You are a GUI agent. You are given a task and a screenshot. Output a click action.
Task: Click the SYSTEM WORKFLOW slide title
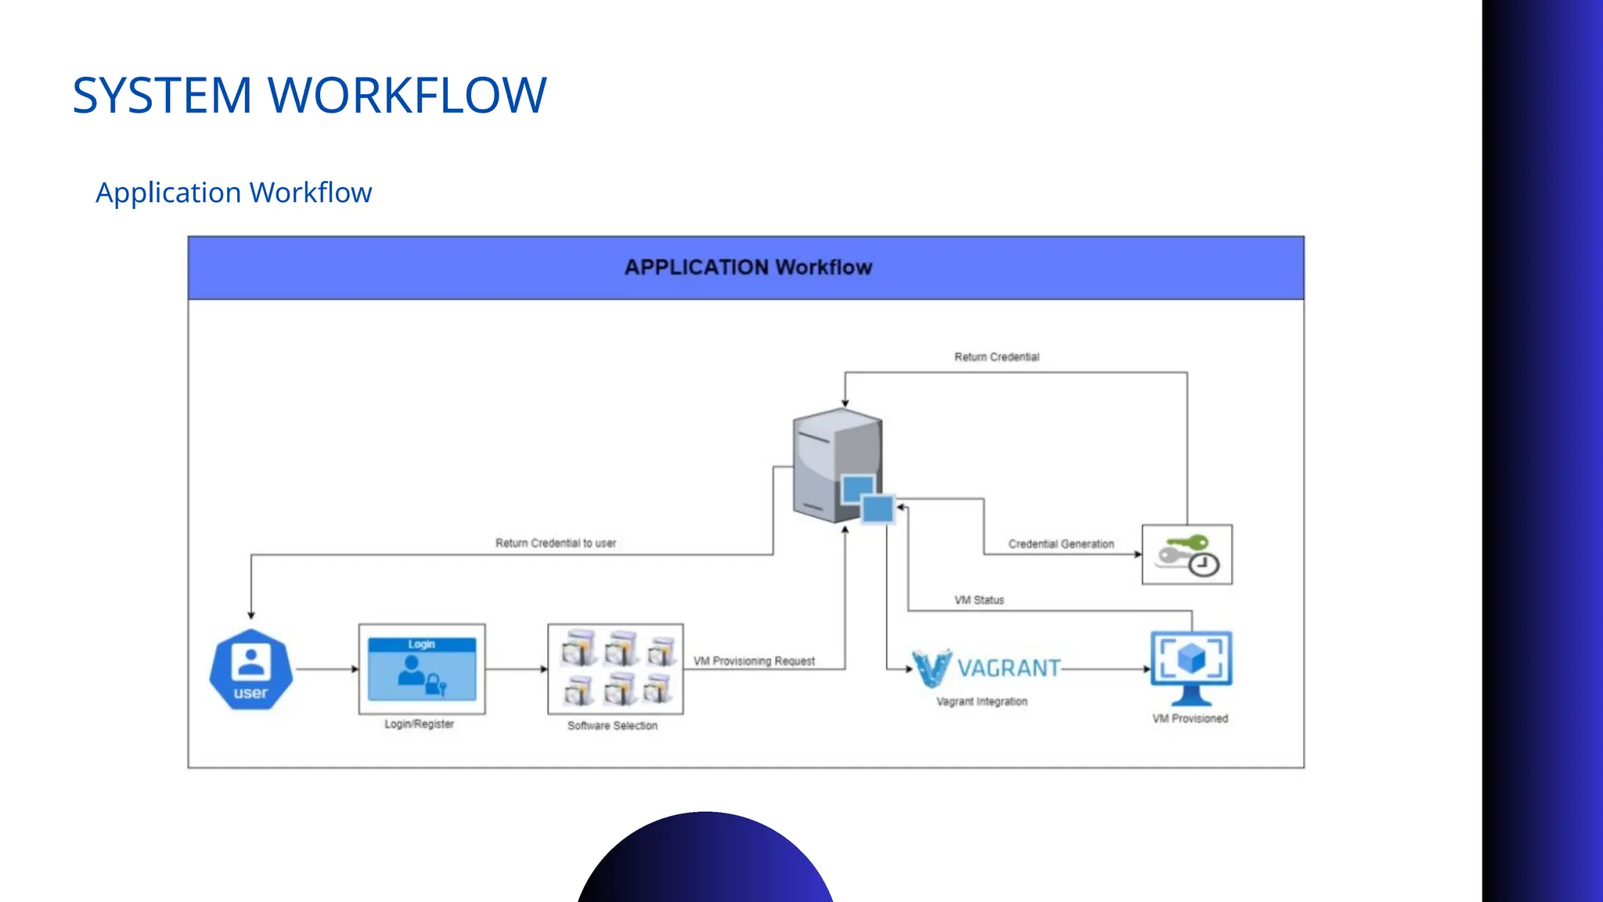coord(309,96)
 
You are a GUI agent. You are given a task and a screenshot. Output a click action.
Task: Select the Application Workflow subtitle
coord(233,193)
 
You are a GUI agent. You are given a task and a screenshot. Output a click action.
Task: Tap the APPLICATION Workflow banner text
coord(747,268)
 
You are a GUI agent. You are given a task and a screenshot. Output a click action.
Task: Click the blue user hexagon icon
coord(250,669)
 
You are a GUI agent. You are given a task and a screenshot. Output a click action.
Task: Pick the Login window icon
coord(422,669)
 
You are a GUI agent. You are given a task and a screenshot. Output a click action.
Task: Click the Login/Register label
coord(419,724)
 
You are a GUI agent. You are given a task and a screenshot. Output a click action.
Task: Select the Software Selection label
coord(612,726)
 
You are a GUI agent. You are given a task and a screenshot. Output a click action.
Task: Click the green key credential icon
coord(1187,554)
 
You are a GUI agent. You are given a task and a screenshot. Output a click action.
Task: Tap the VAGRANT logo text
coord(1008,668)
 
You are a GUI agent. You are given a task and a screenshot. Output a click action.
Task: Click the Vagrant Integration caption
coord(982,702)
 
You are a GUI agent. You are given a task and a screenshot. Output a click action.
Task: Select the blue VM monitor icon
coord(1191,666)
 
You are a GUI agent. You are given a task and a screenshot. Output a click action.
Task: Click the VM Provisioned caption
coord(1190,719)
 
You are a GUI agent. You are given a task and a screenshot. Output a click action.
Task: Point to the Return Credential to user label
coord(555,543)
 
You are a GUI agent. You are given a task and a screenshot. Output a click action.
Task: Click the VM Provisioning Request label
coord(754,661)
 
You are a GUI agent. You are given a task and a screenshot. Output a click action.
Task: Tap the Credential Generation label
coord(1061,543)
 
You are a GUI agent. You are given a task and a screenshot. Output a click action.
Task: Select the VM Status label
coord(978,600)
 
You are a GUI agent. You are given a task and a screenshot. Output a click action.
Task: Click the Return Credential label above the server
coord(996,357)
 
